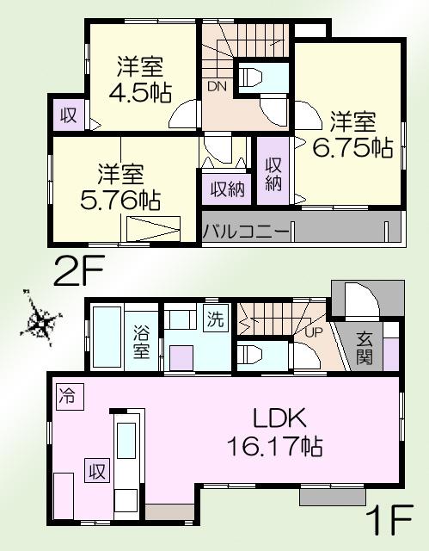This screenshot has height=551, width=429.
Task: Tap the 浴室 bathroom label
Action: [143, 341]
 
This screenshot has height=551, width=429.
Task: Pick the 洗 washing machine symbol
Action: [215, 319]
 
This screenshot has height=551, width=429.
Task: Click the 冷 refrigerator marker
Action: [66, 397]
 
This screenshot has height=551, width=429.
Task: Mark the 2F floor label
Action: [79, 272]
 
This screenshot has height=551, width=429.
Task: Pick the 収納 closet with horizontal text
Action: [228, 189]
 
